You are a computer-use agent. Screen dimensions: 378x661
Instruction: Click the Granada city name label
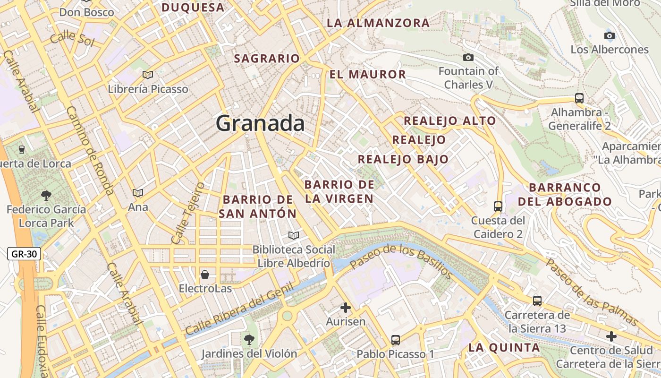click(260, 123)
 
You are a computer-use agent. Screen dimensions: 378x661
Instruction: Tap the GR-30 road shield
click(24, 254)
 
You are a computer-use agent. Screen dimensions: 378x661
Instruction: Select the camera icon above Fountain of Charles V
click(468, 58)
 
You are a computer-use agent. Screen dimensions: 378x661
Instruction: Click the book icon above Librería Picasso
click(148, 75)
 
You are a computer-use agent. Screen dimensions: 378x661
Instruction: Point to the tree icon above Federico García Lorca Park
click(46, 195)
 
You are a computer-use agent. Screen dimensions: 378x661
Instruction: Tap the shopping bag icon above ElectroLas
click(205, 275)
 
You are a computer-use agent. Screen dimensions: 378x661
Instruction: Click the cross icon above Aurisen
click(346, 308)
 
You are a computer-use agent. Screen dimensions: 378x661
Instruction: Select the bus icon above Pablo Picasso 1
click(396, 340)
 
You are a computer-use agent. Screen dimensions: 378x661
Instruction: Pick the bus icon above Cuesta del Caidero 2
click(498, 206)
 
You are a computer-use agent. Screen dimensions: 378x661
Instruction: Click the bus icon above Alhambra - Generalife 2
click(579, 98)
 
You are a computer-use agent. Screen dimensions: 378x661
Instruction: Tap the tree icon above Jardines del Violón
click(249, 339)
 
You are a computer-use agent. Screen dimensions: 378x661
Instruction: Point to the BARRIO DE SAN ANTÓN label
click(258, 206)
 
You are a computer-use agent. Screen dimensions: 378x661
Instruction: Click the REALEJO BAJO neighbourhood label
click(403, 159)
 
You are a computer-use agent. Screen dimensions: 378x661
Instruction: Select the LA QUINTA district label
click(504, 348)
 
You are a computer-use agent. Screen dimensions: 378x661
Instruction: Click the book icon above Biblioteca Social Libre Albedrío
click(294, 235)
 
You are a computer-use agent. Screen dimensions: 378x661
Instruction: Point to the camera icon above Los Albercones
click(610, 35)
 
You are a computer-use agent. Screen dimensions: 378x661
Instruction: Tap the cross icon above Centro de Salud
click(611, 336)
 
